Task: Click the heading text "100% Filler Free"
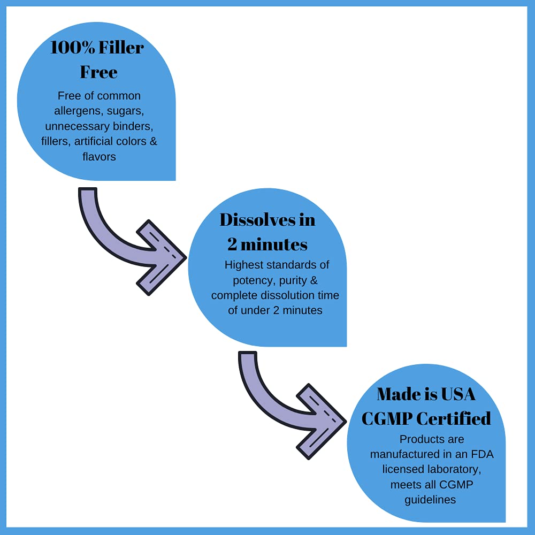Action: [x=97, y=59]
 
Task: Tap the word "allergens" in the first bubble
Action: [x=79, y=111]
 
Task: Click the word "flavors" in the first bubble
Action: [x=99, y=157]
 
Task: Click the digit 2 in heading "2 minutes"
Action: [x=232, y=244]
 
